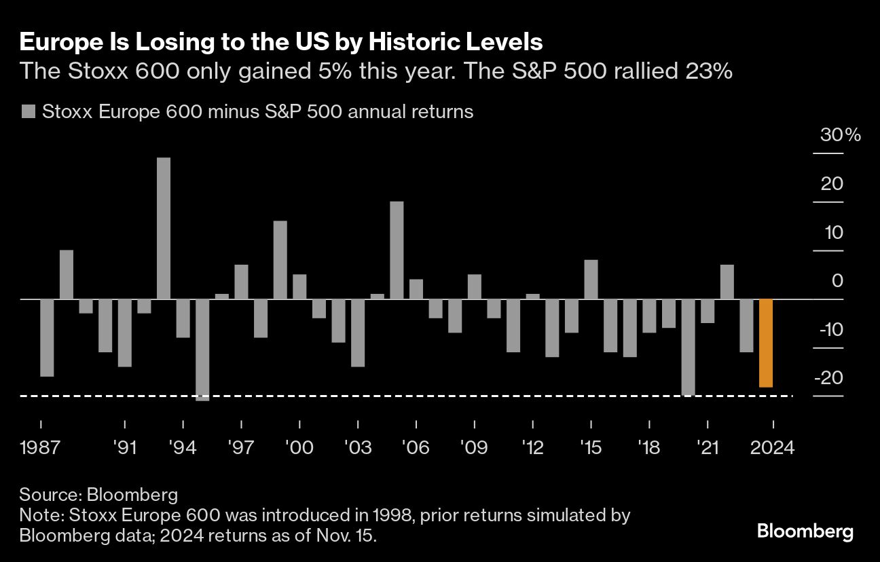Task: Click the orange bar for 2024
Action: pyautogui.click(x=766, y=343)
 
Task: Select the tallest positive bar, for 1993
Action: pyautogui.click(x=164, y=228)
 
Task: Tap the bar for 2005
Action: pyautogui.click(x=397, y=250)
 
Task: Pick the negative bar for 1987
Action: pyautogui.click(x=47, y=337)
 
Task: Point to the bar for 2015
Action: pyautogui.click(x=591, y=279)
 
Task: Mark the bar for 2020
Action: pyautogui.click(x=688, y=347)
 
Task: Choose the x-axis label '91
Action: pyautogui.click(x=125, y=448)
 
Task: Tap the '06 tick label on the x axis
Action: pyautogui.click(x=416, y=448)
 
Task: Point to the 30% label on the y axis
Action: pyautogui.click(x=841, y=135)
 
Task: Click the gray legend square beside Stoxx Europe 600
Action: pyautogui.click(x=28, y=111)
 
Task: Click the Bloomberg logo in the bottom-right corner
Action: pyautogui.click(x=805, y=531)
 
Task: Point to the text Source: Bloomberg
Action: pyautogui.click(x=98, y=493)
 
